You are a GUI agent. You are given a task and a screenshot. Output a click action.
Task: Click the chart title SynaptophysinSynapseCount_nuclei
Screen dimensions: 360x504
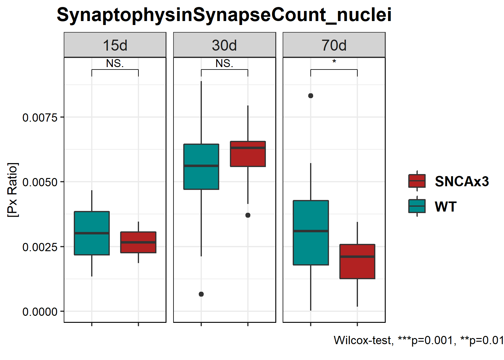coord(224,15)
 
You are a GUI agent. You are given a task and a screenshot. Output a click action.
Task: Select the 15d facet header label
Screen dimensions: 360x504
coord(115,45)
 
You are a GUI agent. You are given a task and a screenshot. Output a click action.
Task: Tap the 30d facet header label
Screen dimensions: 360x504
coord(224,45)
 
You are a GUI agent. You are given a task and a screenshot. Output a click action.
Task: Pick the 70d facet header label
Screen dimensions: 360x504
coord(334,45)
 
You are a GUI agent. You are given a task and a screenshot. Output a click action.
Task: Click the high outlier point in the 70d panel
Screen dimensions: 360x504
coord(311,96)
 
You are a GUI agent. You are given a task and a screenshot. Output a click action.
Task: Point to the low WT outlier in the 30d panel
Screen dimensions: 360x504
coord(201,294)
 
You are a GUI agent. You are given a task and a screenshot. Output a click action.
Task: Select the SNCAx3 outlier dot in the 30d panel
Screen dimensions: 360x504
coord(248,215)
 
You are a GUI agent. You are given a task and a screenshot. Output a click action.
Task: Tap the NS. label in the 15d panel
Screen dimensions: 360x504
coord(115,63)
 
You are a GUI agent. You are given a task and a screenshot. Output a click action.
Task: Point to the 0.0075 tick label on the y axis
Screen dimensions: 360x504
coord(40,117)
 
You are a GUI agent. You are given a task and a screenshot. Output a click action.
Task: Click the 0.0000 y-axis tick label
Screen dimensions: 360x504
coord(40,312)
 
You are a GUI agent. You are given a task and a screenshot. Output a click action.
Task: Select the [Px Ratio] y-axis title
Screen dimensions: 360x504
coord(13,190)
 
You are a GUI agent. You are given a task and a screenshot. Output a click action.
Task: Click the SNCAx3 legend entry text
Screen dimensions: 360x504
coord(462,181)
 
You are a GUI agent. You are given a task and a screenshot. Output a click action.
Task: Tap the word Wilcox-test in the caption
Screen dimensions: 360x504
coord(362,340)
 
